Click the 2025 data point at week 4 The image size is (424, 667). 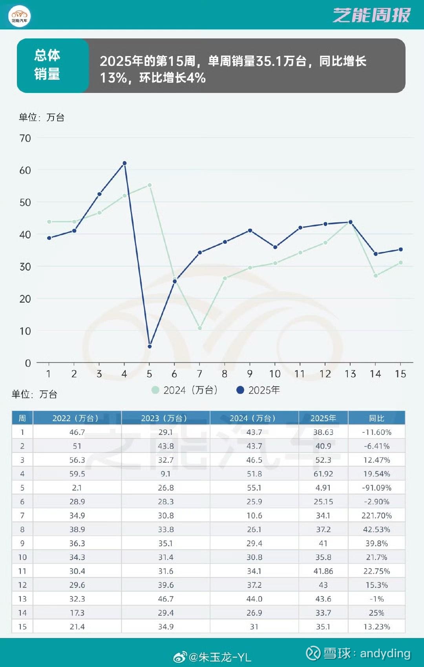[x=124, y=163]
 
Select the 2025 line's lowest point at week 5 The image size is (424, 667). [x=150, y=347]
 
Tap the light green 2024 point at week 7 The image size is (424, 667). [x=200, y=328]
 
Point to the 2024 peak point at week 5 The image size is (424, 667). [x=150, y=185]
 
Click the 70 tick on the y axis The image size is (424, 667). [x=25, y=138]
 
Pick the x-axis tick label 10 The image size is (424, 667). [x=275, y=374]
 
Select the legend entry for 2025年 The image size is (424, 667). [x=258, y=390]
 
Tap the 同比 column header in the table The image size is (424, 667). [x=376, y=418]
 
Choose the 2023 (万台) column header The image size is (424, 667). [x=165, y=418]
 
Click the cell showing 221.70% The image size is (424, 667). [x=376, y=516]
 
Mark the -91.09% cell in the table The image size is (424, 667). [x=376, y=488]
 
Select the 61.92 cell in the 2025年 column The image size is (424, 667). [x=323, y=474]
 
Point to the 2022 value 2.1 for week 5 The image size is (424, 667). [x=77, y=488]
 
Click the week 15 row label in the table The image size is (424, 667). [x=22, y=627]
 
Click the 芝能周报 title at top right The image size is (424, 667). [x=371, y=15]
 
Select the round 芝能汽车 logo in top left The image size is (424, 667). [x=19, y=17]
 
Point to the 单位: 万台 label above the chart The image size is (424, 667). [x=41, y=117]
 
